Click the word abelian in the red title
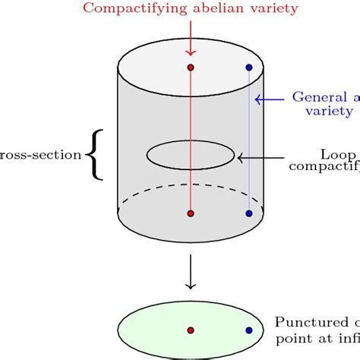208,9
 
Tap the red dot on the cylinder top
191,68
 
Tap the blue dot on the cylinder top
249,68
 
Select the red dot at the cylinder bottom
191,213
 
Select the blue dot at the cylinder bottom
249,213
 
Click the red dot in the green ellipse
191,330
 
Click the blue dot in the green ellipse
249,330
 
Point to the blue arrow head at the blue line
258,98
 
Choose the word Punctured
308,322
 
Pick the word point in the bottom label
292,336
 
